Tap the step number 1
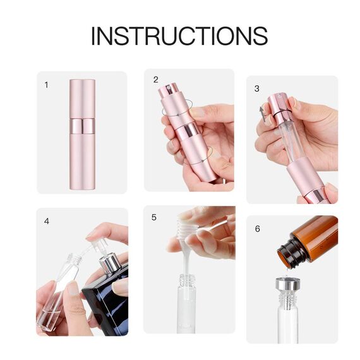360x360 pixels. (46, 84)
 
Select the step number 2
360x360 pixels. (155, 80)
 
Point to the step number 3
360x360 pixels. (257, 88)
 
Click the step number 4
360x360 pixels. (46, 222)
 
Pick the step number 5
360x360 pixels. (154, 217)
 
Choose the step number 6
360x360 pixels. (257, 228)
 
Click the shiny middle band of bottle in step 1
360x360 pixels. (81, 126)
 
